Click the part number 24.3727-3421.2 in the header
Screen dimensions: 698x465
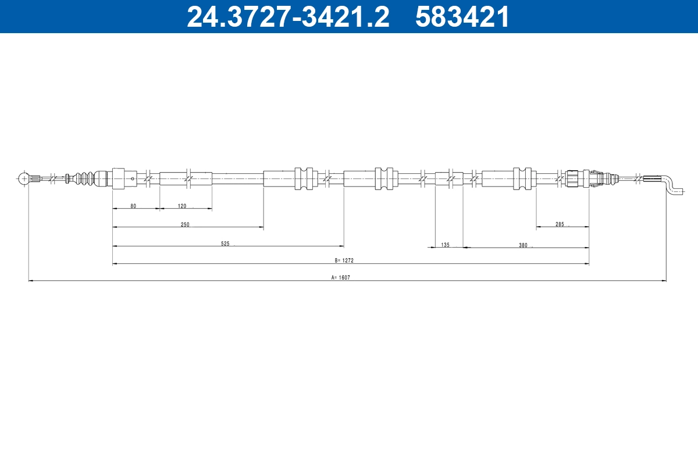point(288,17)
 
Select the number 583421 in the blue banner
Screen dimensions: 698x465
point(462,17)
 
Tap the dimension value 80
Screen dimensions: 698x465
point(133,206)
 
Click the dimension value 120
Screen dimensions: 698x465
point(182,206)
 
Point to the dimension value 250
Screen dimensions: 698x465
point(185,224)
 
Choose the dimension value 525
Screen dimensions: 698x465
point(225,244)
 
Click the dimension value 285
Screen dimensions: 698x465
point(560,224)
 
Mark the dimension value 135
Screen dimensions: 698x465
point(446,245)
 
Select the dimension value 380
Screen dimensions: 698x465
point(523,245)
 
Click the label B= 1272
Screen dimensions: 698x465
point(344,260)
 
